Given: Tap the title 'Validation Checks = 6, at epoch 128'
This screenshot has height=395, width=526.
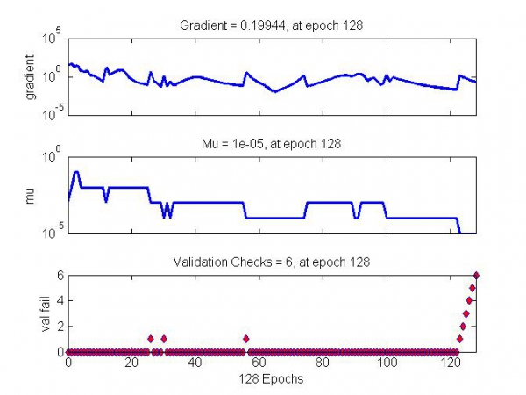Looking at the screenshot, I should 272,261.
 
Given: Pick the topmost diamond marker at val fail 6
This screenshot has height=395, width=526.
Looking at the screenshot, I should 476,275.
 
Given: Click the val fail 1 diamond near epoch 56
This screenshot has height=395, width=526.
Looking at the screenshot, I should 246,339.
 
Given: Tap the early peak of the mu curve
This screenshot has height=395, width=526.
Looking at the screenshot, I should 76,172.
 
